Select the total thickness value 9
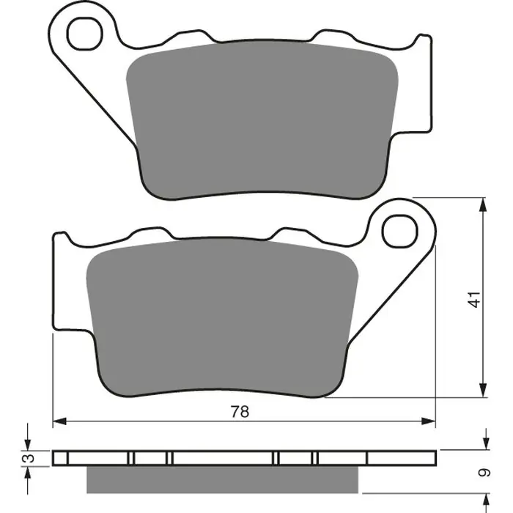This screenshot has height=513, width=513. tap(483, 473)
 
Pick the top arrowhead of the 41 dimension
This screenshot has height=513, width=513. tap(483, 205)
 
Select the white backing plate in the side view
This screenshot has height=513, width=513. tap(220, 458)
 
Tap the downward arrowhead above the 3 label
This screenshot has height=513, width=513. tap(28, 444)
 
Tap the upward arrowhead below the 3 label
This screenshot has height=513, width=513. tap(28, 472)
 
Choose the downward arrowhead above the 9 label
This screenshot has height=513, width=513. tap(484, 444)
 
